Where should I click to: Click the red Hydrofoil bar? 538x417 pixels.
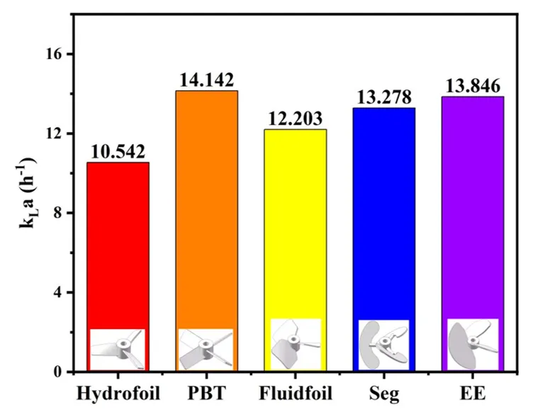pos(118,241)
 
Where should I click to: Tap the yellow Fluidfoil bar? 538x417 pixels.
pos(296,220)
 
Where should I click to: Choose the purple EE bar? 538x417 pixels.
pos(473,206)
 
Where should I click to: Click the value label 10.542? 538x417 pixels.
pos(118,152)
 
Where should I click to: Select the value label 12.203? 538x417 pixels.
pos(296,118)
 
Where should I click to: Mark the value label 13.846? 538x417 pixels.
pos(473,86)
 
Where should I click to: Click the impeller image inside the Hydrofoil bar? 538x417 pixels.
pos(118,349)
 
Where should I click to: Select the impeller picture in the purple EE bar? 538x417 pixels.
pos(473,344)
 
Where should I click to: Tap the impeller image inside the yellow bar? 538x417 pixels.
pos(296,344)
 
